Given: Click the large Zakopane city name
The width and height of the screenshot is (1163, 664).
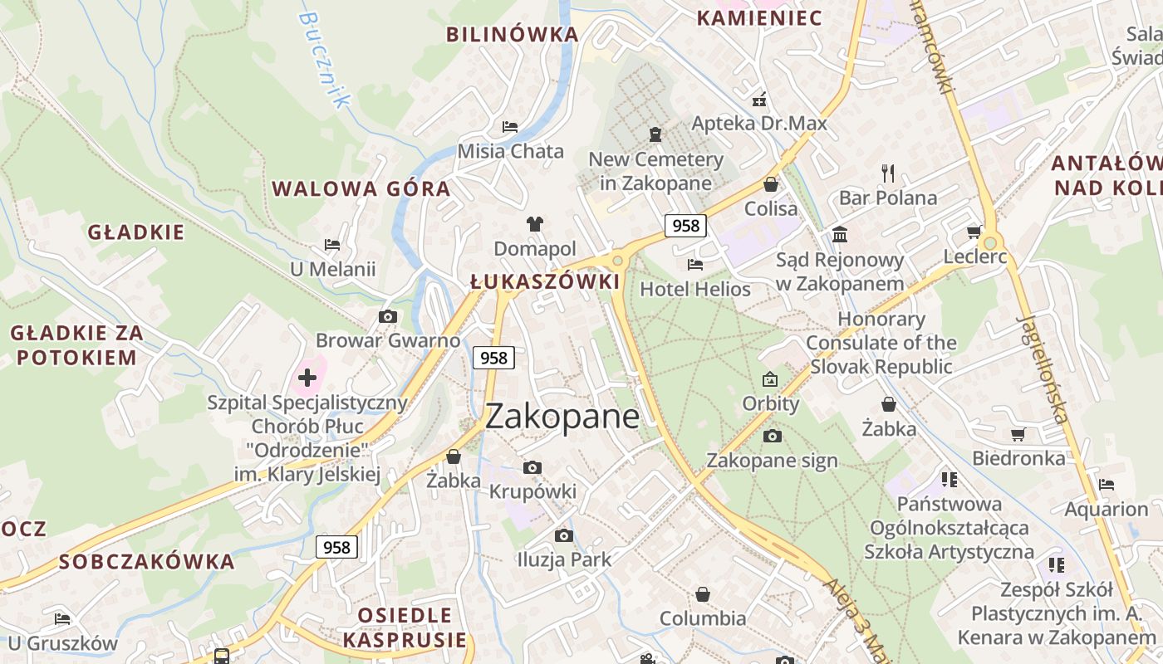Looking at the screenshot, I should [x=562, y=417].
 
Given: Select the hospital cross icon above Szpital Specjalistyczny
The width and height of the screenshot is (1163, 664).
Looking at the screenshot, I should [x=307, y=378].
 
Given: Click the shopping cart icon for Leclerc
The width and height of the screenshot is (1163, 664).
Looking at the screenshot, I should [x=974, y=232].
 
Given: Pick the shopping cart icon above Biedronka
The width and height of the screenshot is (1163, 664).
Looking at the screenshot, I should [x=1018, y=434].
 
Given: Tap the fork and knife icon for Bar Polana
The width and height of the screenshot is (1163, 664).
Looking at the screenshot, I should [x=888, y=173].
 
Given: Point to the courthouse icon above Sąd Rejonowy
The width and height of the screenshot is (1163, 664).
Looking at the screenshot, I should [x=839, y=235].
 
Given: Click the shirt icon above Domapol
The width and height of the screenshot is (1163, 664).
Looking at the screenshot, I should [x=535, y=224].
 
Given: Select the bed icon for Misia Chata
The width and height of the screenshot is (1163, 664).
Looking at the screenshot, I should [x=510, y=127].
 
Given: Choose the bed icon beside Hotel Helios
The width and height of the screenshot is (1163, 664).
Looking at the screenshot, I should [x=695, y=265].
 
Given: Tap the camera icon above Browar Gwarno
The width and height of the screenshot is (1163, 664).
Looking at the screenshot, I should [x=387, y=316].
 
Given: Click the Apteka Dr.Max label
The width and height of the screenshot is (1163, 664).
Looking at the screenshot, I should [x=759, y=124].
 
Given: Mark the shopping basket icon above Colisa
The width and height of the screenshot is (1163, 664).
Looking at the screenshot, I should [x=771, y=184].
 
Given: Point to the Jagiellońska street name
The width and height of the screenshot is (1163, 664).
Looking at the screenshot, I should [x=1044, y=369].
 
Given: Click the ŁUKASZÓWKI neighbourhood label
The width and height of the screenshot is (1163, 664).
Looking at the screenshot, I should [x=545, y=282].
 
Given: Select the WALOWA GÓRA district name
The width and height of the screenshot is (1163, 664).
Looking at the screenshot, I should [x=361, y=188].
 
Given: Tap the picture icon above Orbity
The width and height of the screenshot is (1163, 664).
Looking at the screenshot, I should [x=770, y=379].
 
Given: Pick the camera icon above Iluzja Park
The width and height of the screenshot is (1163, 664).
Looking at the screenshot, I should [x=564, y=535].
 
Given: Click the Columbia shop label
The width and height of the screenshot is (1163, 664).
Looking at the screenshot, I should [x=703, y=618].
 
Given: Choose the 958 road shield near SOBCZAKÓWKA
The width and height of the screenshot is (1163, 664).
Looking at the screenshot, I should [x=336, y=547].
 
